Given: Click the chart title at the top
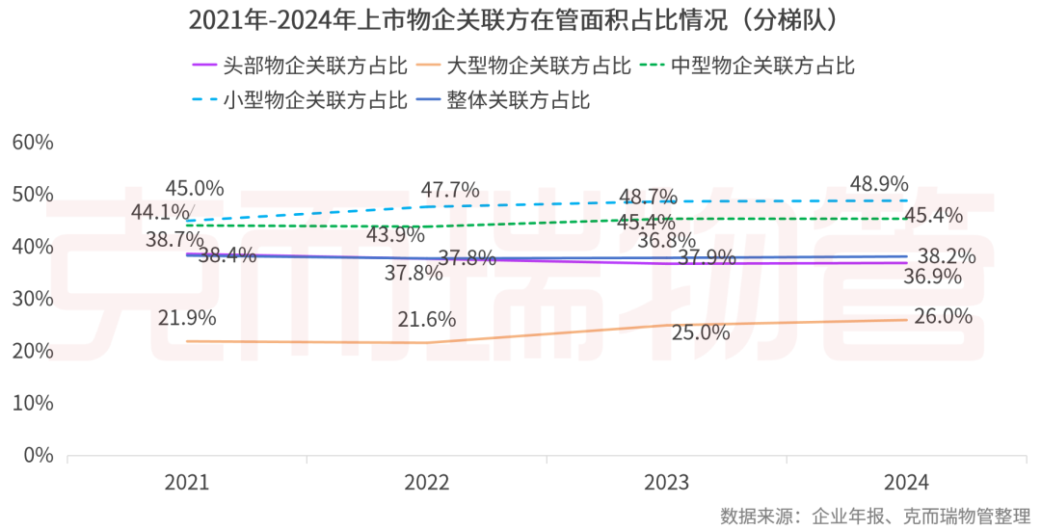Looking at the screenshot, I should tap(520, 19).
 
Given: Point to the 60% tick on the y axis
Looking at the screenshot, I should tap(32, 143).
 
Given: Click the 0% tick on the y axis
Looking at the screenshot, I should tap(38, 455).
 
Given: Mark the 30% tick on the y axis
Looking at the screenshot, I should tap(32, 299).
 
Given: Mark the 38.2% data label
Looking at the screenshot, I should tap(946, 256).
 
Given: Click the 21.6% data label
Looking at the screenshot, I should tap(427, 319).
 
